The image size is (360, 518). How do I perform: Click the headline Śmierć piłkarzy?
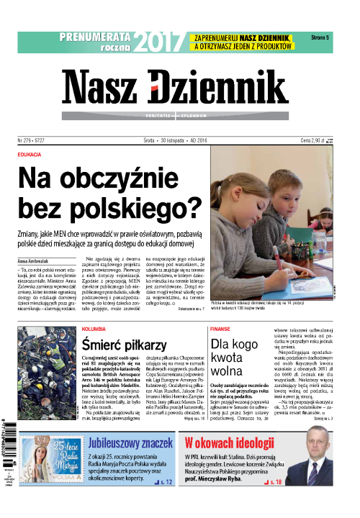click(x=125, y=345)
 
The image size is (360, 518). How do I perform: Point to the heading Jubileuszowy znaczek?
click(x=122, y=442)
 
